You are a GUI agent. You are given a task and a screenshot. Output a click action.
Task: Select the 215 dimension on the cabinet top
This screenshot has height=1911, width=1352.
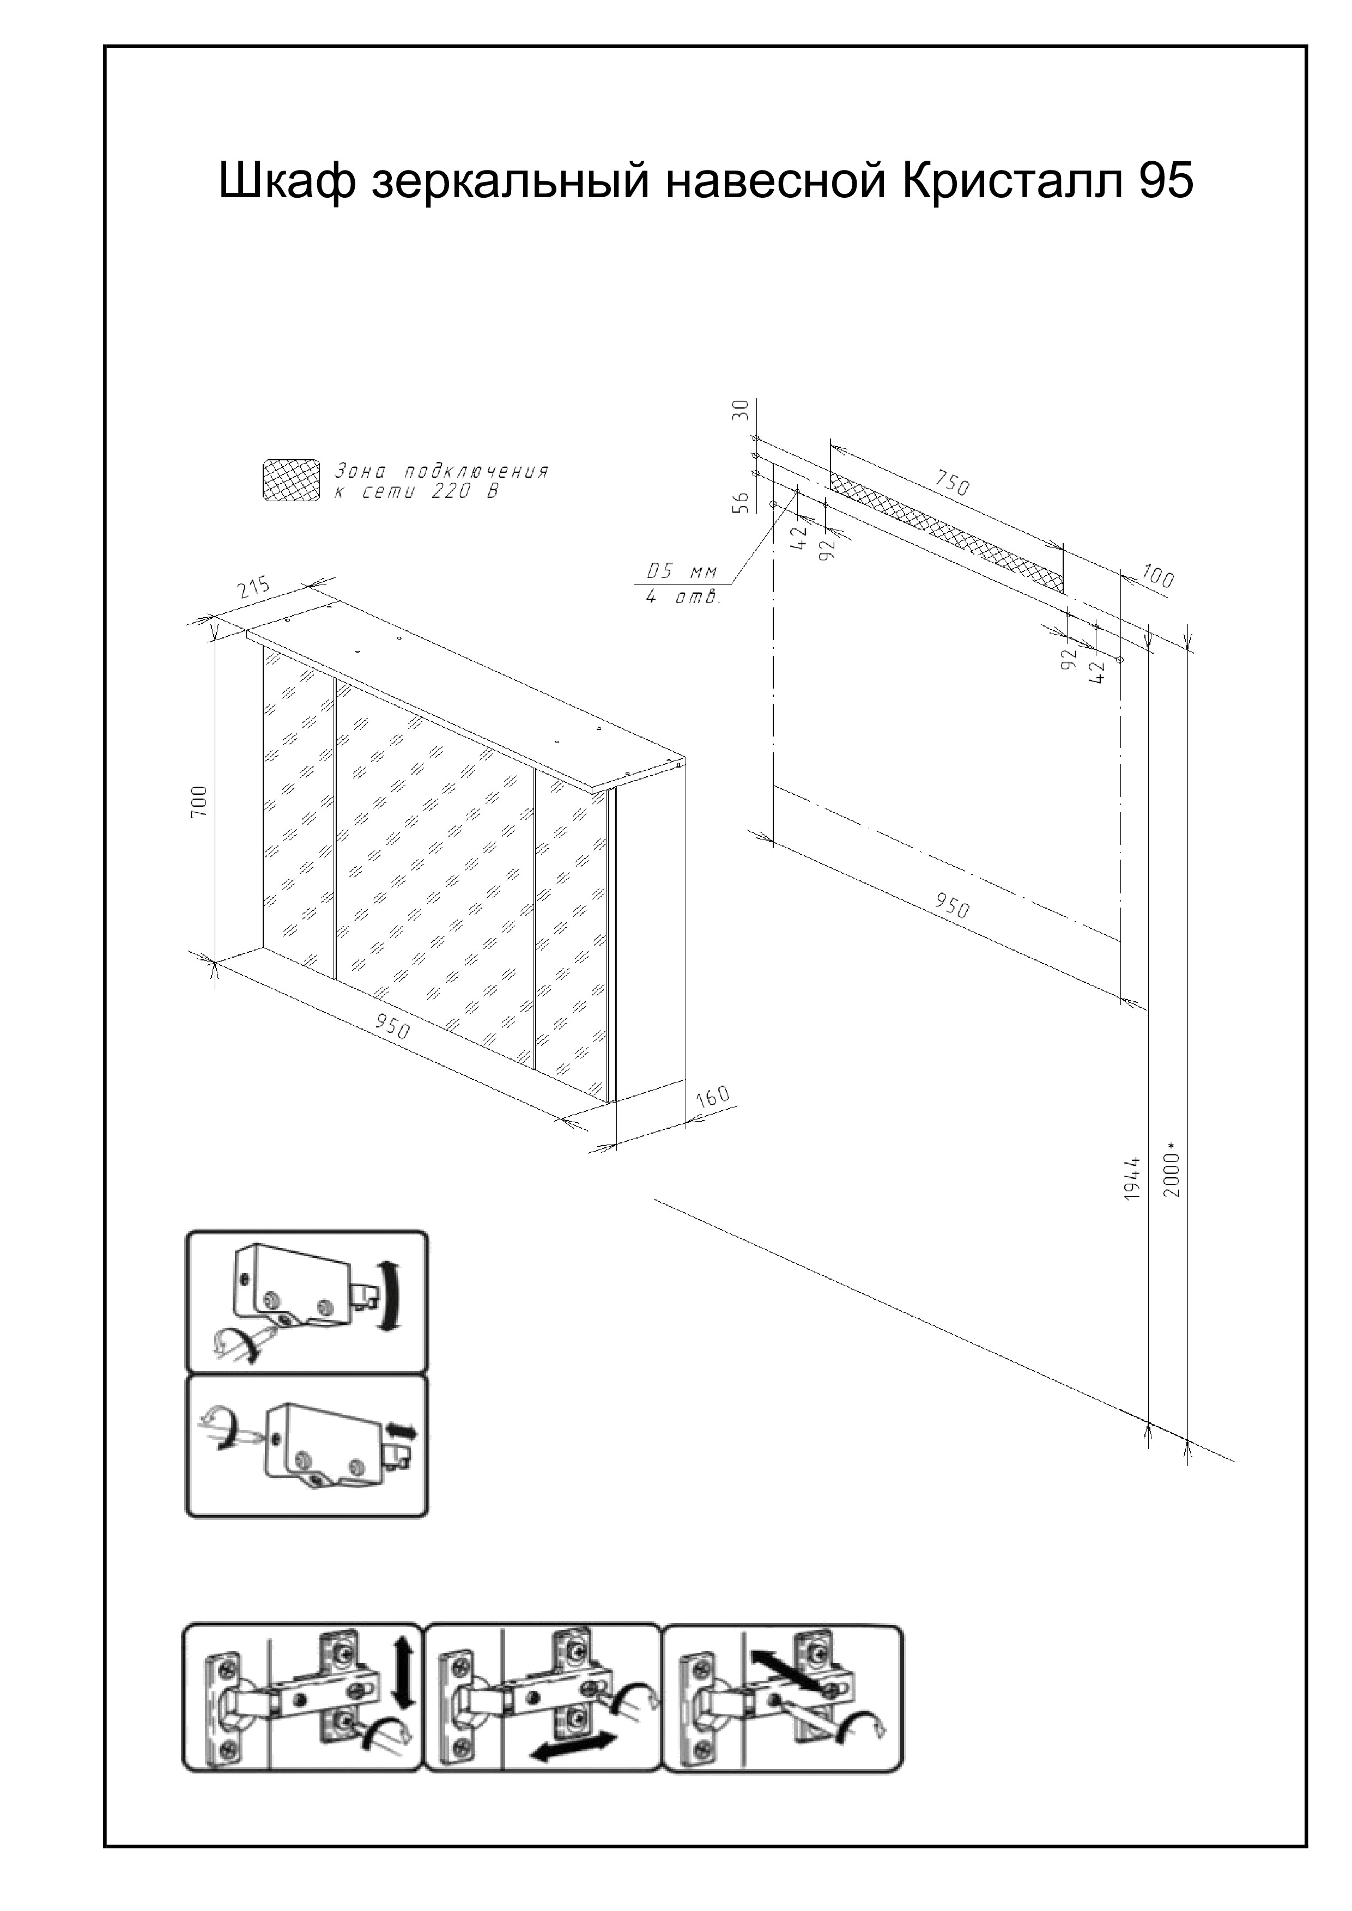click(x=254, y=588)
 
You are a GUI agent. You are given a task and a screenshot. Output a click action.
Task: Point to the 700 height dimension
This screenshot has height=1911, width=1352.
click(x=198, y=802)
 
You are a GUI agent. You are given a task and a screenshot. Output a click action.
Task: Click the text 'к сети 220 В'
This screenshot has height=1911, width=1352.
click(x=416, y=492)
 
